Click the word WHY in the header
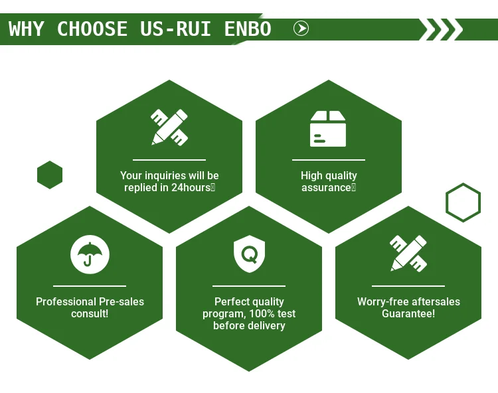tap(27, 29)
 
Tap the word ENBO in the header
tap(247, 29)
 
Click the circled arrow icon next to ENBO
tap(301, 29)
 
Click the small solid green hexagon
tap(50, 175)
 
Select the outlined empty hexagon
tap(463, 202)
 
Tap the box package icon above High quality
tap(328, 128)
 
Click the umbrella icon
tap(90, 254)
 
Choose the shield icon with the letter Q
tap(249, 254)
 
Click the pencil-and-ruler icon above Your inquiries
tap(169, 127)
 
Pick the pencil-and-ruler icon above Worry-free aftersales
tap(408, 254)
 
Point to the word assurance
tap(326, 188)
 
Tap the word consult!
tap(90, 313)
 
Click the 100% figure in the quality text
tap(266, 313)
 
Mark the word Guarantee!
tap(408, 313)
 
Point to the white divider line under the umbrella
tap(90, 286)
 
